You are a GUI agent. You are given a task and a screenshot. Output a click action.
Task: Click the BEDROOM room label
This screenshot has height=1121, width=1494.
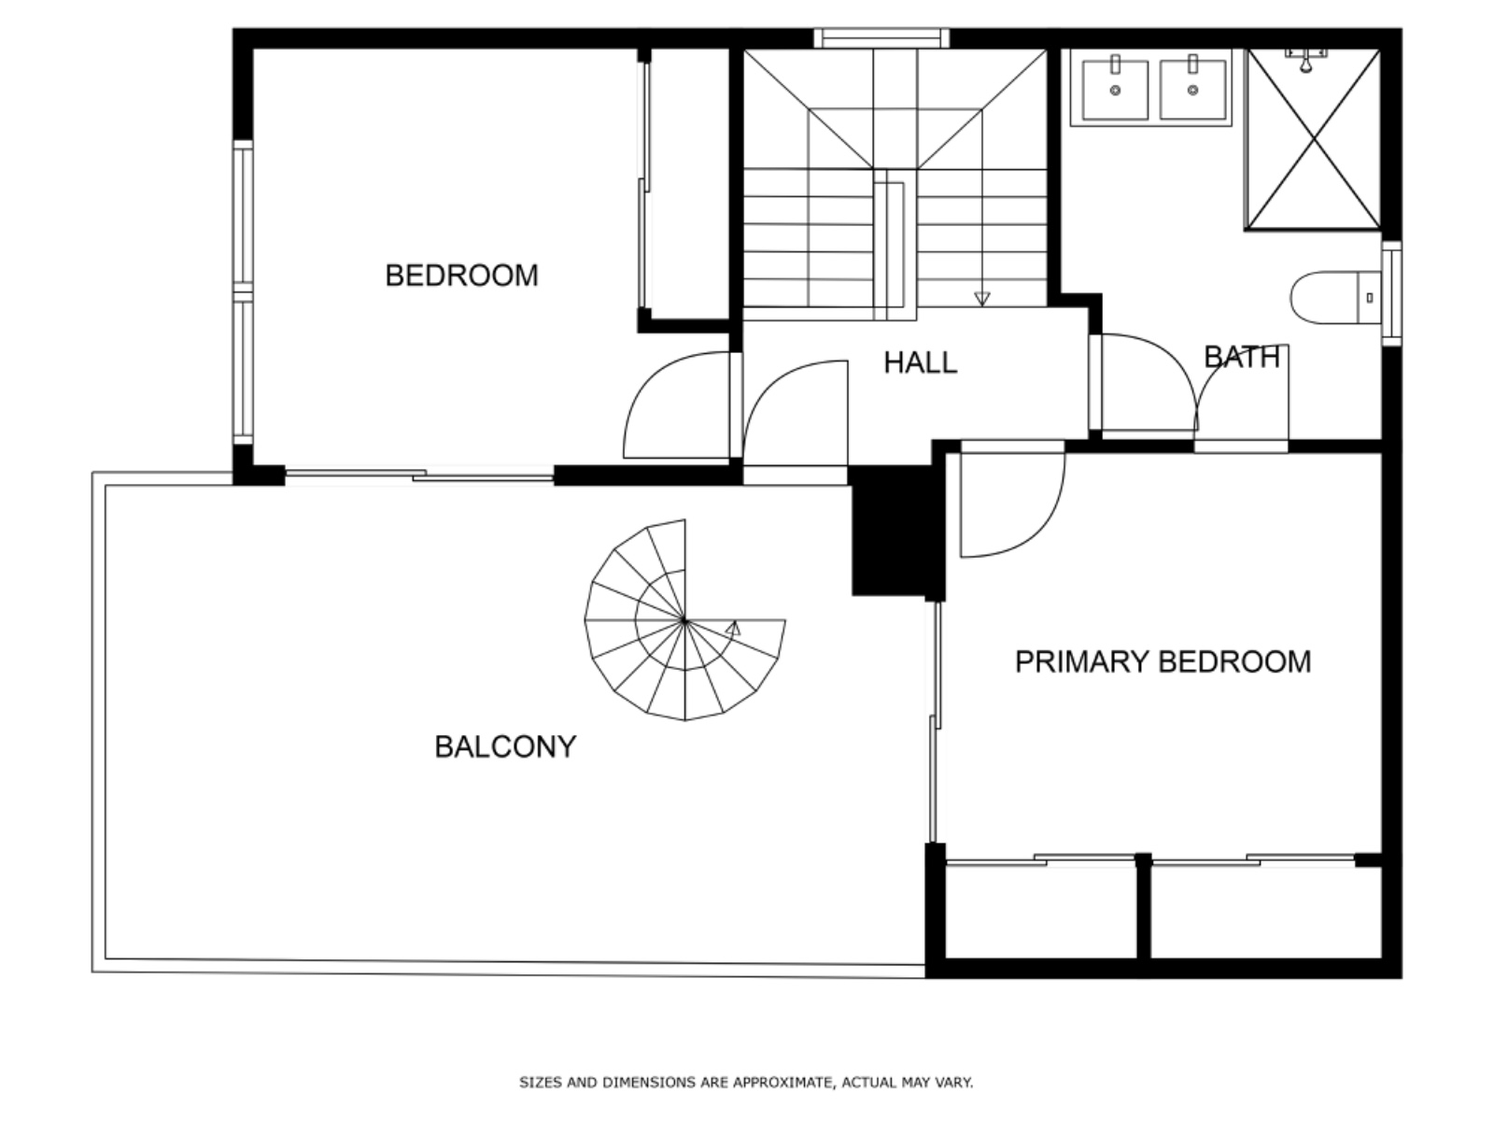(x=461, y=276)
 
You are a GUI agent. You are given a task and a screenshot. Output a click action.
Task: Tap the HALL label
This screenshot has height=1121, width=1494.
(x=920, y=362)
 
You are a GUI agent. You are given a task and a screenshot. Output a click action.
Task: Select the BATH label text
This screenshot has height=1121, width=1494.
(x=1241, y=357)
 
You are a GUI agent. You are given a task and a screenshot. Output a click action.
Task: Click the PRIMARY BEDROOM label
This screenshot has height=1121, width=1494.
(x=1163, y=661)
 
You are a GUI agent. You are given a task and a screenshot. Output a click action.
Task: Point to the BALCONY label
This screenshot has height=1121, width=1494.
(x=505, y=746)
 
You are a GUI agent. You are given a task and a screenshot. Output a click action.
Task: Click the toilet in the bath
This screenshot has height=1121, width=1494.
(x=1335, y=298)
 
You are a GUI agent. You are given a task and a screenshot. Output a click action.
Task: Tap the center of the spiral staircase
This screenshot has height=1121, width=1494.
(x=684, y=620)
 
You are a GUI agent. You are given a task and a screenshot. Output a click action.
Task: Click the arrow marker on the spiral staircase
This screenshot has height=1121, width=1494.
(x=734, y=629)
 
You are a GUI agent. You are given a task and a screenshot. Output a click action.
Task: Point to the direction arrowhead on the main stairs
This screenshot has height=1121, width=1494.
(x=981, y=299)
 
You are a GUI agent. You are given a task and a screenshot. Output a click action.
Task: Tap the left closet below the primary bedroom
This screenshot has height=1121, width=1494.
(x=1040, y=911)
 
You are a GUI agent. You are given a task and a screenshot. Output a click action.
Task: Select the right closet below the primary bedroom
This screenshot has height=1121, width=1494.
(x=1264, y=911)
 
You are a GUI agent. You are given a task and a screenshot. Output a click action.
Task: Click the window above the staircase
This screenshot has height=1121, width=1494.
(x=881, y=38)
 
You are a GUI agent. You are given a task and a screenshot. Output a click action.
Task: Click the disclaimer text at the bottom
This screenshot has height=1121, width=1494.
(x=746, y=1083)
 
